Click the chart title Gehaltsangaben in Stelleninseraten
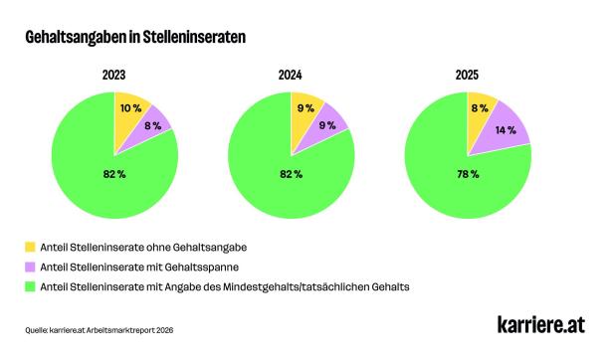pos(135,37)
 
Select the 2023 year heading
pos(113,74)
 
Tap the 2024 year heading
pos(291,74)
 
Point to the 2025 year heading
pos(468,74)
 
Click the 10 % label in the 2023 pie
pos(129,108)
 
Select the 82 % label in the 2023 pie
pos(114,174)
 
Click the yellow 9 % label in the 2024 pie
pos(305,108)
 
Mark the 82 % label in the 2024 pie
pos(292,174)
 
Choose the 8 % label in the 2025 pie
pos(480,108)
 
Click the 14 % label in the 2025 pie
pos(505,130)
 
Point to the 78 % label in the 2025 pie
pos(469,174)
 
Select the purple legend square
pos(32,266)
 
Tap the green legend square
pos(32,286)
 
